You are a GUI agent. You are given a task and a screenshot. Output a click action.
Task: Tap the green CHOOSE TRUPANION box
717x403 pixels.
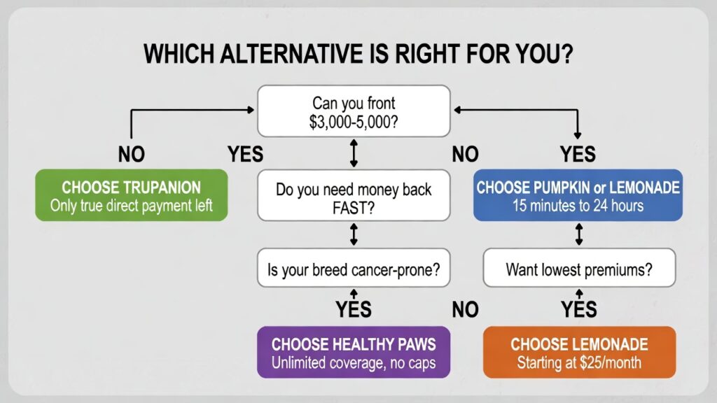pyautogui.click(x=132, y=195)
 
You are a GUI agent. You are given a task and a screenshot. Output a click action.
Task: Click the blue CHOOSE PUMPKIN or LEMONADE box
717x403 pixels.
pyautogui.click(x=578, y=195)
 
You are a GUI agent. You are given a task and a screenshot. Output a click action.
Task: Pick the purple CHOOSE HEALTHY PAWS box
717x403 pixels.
pyautogui.click(x=354, y=352)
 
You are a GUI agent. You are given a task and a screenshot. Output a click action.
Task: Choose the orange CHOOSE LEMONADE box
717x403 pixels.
pyautogui.click(x=579, y=352)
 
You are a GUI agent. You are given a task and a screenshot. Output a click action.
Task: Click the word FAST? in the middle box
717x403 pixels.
pyautogui.click(x=354, y=208)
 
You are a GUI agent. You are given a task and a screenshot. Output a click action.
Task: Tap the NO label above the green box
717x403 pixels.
pyautogui.click(x=131, y=154)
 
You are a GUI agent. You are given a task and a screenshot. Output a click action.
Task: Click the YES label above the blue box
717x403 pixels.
pyautogui.click(x=578, y=154)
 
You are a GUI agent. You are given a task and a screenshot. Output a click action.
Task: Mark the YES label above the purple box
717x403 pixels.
pyautogui.click(x=354, y=309)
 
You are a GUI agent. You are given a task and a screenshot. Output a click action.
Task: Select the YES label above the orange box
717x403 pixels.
pyautogui.click(x=578, y=309)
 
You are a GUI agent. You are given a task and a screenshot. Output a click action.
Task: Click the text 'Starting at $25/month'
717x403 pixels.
pyautogui.click(x=579, y=362)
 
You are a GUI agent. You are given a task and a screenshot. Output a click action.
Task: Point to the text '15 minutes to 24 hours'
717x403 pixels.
pyautogui.click(x=578, y=206)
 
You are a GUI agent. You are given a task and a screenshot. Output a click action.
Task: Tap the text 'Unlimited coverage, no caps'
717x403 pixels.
pyautogui.click(x=354, y=362)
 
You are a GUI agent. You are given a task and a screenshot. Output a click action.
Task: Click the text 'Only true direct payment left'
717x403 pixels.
pyautogui.click(x=132, y=206)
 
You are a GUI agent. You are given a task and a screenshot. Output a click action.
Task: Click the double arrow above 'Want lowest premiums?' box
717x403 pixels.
pyautogui.click(x=578, y=235)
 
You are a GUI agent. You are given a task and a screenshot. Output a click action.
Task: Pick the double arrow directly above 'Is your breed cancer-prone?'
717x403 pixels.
pyautogui.click(x=354, y=235)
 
